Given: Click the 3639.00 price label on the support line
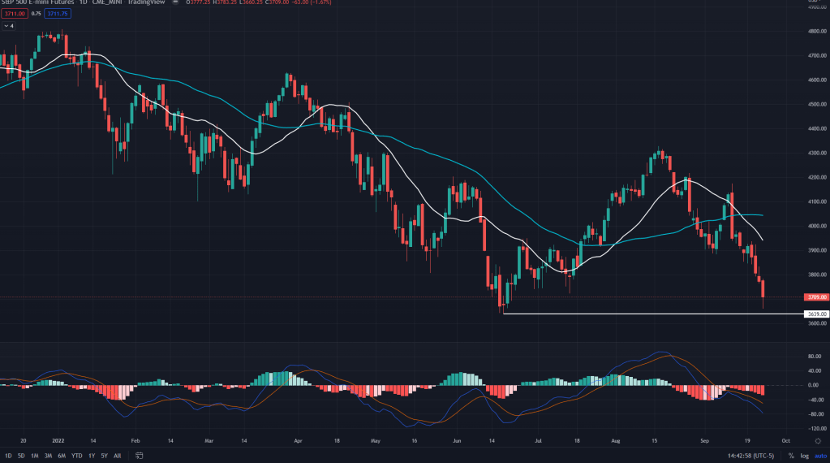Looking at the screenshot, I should pos(816,314).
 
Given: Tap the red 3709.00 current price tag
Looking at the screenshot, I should pos(816,297).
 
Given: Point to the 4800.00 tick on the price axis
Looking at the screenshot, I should pos(816,31).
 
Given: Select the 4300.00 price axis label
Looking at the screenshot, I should pos(816,153).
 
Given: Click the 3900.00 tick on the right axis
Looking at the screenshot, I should pos(816,250).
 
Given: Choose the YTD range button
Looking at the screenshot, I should pos(76,455).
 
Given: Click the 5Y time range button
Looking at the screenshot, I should pos(104,455).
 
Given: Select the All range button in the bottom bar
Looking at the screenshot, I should pos(118,455).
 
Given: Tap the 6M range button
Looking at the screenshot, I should pos(61,455).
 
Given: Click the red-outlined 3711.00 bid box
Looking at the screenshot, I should pos(14,13).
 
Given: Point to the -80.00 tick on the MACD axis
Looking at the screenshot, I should pos(815,413).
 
